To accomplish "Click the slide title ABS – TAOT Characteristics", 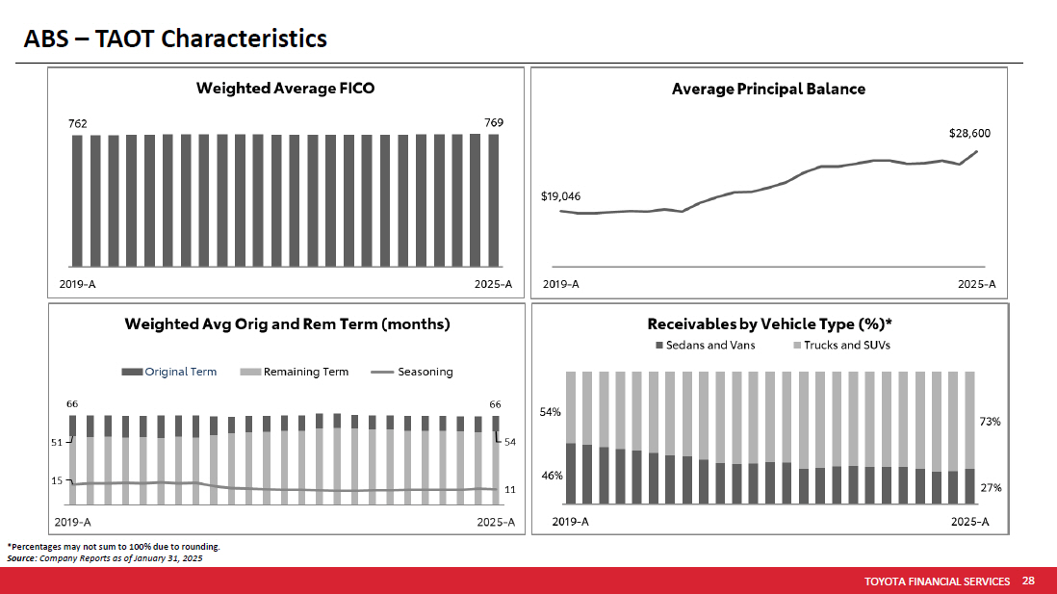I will pyautogui.click(x=175, y=39).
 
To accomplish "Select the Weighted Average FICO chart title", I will pyautogui.click(x=285, y=89).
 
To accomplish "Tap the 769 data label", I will pyautogui.click(x=494, y=122).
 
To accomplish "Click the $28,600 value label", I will pyautogui.click(x=969, y=134).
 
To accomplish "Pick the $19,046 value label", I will pyautogui.click(x=560, y=196).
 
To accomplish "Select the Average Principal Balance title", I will pyautogui.click(x=768, y=89).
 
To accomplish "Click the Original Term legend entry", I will pyautogui.click(x=180, y=372).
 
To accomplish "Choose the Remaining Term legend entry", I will pyautogui.click(x=305, y=372).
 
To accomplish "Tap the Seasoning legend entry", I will pyautogui.click(x=425, y=372).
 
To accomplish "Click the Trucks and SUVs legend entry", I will pyautogui.click(x=847, y=345).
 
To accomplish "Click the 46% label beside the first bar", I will pyautogui.click(x=551, y=476).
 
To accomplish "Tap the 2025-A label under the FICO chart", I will pyautogui.click(x=493, y=285).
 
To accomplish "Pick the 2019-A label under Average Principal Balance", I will pyautogui.click(x=561, y=284).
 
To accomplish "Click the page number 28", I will pyautogui.click(x=1028, y=581).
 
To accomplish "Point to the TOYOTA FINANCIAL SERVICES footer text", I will pyautogui.click(x=937, y=581).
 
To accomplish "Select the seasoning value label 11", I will pyautogui.click(x=510, y=490).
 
